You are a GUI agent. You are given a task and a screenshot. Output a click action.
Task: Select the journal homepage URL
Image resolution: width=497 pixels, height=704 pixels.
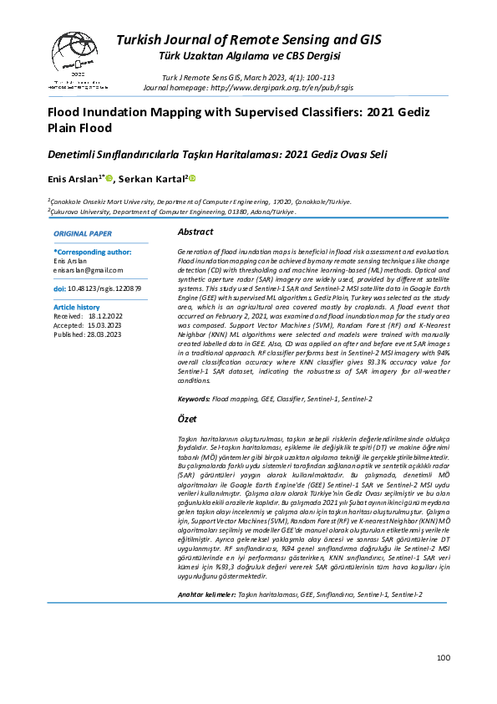pyautogui.click(x=290, y=86)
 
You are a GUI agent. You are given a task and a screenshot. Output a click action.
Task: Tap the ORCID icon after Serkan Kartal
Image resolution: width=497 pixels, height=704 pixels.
pyautogui.click(x=191, y=177)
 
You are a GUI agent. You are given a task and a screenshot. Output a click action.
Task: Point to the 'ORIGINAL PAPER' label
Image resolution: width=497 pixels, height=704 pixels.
pyautogui.click(x=83, y=233)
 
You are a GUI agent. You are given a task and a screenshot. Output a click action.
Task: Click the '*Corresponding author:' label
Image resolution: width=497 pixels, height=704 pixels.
pyautogui.click(x=92, y=251)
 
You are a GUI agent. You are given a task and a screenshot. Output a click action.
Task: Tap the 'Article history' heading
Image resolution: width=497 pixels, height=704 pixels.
pyautogui.click(x=76, y=308)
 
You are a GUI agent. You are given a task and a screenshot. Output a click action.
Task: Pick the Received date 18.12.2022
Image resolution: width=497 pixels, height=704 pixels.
pyautogui.click(x=104, y=317)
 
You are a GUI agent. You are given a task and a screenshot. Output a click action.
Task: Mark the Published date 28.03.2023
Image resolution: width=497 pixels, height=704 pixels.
pyautogui.click(x=104, y=334)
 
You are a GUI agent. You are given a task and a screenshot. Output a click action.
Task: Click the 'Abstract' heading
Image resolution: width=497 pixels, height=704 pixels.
pyautogui.click(x=196, y=232)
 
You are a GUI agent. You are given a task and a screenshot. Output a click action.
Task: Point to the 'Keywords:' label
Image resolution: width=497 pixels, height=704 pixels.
pyautogui.click(x=194, y=400)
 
